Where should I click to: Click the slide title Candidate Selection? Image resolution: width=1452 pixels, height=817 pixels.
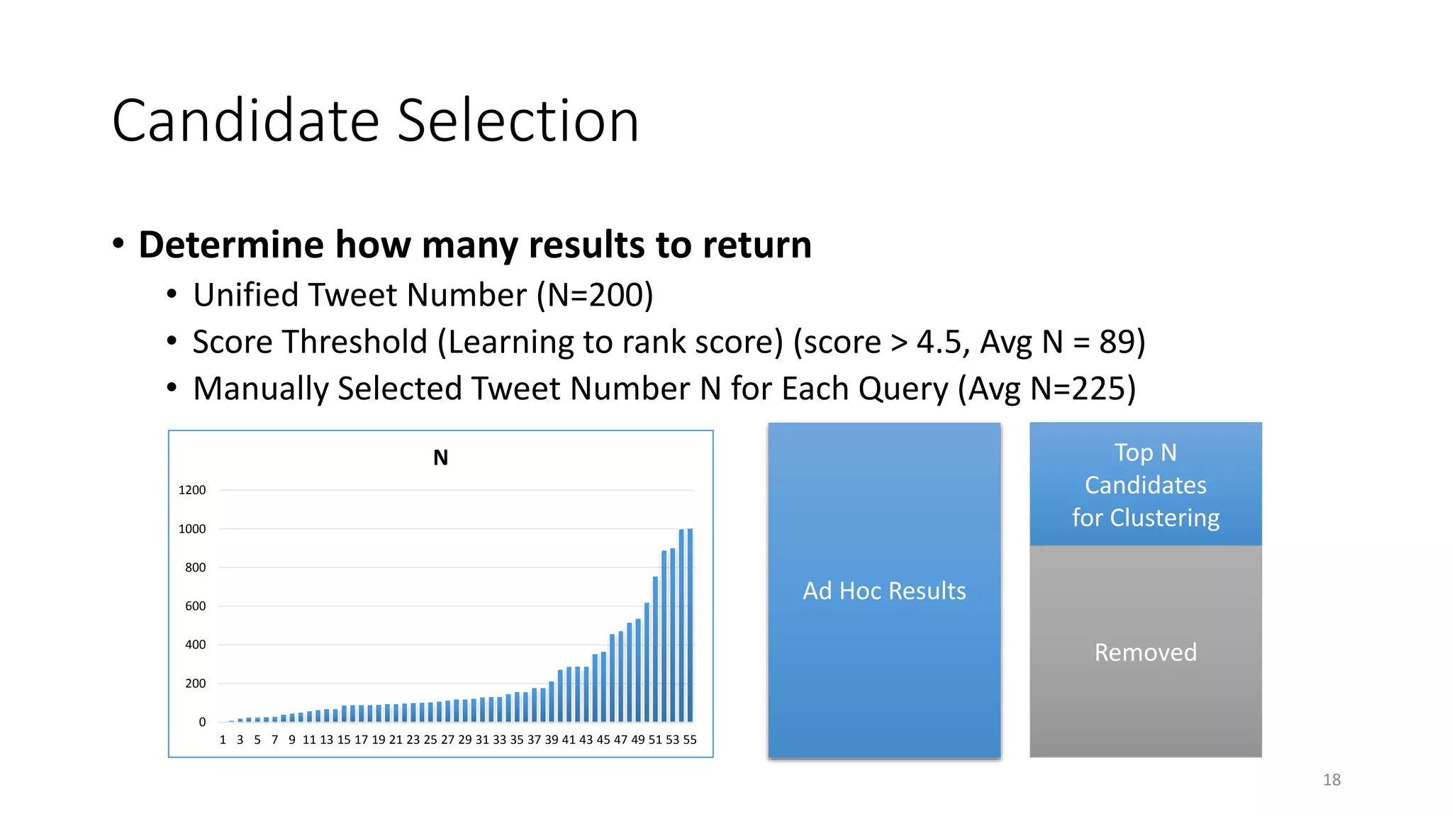pyautogui.click(x=375, y=121)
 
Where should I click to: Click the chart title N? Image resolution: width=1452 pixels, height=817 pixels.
pyautogui.click(x=440, y=458)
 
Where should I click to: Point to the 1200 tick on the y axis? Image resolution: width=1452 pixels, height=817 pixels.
pyautogui.click(x=192, y=490)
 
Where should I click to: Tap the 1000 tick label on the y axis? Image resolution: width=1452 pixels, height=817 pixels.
pyautogui.click(x=192, y=529)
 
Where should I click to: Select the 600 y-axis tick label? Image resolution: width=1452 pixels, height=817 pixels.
pyautogui.click(x=195, y=606)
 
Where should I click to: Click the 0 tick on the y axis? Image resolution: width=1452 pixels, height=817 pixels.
pyautogui.click(x=202, y=722)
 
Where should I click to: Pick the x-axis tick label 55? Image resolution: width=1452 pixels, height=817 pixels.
pyautogui.click(x=689, y=740)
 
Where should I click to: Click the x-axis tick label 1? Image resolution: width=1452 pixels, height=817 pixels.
pyautogui.click(x=223, y=740)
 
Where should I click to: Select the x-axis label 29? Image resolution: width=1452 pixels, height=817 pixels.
pyautogui.click(x=464, y=740)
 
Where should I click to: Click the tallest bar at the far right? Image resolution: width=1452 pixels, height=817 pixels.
pyautogui.click(x=690, y=624)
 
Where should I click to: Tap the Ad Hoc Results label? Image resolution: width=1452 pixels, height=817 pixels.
pyautogui.click(x=884, y=591)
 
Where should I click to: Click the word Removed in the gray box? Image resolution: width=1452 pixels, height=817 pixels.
pyautogui.click(x=1145, y=652)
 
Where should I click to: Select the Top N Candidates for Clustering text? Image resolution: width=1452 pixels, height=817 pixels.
pyautogui.click(x=1145, y=485)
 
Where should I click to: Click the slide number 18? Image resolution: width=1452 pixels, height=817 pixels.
pyautogui.click(x=1331, y=780)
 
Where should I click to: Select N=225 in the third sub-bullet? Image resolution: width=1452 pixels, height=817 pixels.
pyautogui.click(x=1078, y=389)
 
